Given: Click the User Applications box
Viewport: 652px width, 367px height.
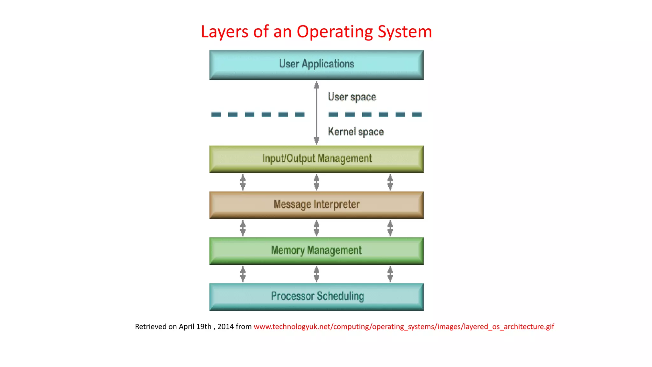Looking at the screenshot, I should click(316, 64).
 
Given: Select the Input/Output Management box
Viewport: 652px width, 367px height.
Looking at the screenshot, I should click(316, 159).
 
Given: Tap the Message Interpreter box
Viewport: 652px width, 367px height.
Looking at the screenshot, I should click(316, 205).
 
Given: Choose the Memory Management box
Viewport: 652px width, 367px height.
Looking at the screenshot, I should click(316, 250).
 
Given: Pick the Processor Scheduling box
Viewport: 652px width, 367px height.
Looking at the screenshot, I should click(316, 296).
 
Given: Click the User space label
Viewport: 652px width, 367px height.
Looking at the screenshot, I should click(352, 97).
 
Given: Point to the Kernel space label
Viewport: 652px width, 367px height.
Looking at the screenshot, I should click(356, 132).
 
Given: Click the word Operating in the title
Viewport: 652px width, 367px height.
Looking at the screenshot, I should click(335, 32).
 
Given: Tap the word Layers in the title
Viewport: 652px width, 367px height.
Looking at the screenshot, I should click(224, 32).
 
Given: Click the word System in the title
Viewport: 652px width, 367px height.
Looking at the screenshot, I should click(405, 32).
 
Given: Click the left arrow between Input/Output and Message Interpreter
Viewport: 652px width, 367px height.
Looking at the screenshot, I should click(243, 182).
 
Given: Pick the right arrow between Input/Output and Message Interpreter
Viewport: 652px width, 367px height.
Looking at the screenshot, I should click(390, 182).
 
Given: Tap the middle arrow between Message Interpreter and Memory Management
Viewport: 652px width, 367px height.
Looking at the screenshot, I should click(316, 228).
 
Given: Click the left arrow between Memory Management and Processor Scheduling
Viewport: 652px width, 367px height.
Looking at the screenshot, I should click(243, 274).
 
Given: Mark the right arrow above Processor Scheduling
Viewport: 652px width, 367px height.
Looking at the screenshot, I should click(390, 274).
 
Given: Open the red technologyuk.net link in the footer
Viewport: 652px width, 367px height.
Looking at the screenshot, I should click(404, 327).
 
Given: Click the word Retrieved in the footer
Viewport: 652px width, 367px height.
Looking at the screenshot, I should click(151, 327).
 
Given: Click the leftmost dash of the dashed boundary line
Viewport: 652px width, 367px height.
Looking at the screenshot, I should click(216, 114).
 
